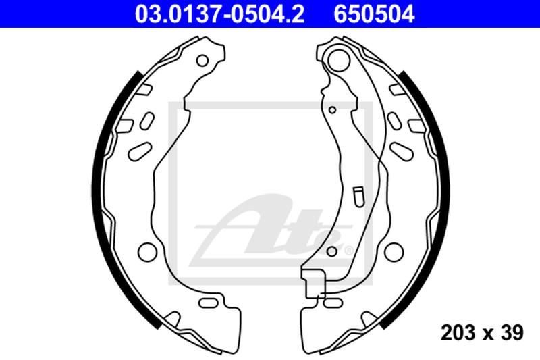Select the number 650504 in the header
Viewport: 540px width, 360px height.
click(372, 13)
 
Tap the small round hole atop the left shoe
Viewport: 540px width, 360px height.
click(201, 61)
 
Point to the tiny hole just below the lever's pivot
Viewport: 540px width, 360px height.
click(332, 108)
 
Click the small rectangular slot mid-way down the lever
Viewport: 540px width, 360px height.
click(358, 196)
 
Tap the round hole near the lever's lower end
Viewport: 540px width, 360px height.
click(331, 251)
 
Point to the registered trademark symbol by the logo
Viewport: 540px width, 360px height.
click(349, 251)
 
